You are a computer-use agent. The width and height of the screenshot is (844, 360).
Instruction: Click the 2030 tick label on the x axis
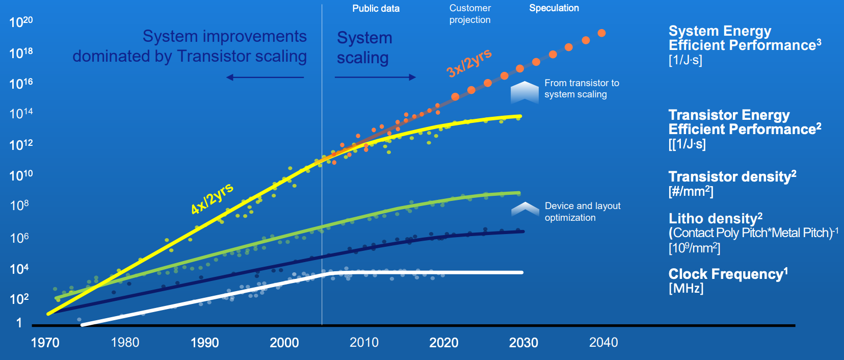(523, 343)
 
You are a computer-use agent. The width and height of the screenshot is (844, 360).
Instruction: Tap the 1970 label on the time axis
(45, 343)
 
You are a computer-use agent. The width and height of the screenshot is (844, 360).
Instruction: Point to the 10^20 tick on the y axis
(21, 22)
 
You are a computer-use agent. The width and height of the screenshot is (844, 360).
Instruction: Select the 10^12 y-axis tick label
(21, 145)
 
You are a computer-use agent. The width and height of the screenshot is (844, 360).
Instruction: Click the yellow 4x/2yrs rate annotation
(212, 198)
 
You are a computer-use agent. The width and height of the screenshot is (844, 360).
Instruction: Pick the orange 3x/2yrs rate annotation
(469, 63)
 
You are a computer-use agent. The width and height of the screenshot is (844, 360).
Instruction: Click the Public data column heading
(376, 9)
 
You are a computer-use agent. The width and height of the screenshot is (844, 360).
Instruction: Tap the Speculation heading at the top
(554, 8)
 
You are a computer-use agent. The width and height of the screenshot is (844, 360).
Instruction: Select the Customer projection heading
(470, 14)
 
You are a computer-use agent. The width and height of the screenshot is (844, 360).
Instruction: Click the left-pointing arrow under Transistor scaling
(265, 78)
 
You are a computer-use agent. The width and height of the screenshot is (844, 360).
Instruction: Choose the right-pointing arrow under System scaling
(375, 78)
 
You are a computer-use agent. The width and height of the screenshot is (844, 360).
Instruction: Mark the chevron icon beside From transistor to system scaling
(524, 92)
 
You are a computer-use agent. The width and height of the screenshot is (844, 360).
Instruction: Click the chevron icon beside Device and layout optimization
(525, 209)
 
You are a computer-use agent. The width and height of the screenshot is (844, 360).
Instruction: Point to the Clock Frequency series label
(728, 274)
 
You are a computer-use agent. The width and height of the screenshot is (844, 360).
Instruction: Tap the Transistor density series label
(732, 177)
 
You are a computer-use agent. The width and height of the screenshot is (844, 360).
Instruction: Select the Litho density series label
(715, 219)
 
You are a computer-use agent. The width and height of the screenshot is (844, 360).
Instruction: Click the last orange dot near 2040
(601, 33)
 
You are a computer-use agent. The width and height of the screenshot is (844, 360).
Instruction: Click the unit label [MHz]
(686, 289)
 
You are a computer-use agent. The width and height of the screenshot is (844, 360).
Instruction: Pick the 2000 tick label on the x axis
(284, 343)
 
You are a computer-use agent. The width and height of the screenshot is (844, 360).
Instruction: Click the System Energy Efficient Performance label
(744, 38)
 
